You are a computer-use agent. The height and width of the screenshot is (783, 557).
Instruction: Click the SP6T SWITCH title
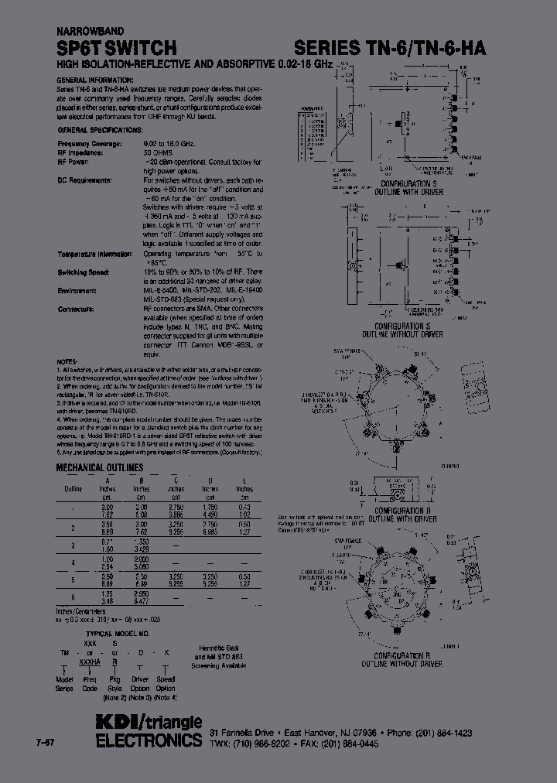click(116, 48)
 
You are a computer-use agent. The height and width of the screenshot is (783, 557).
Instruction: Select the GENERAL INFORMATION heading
click(95, 80)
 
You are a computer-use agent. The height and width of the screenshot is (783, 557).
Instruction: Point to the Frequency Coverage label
click(90, 144)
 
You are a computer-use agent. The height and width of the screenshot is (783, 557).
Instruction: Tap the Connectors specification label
click(76, 309)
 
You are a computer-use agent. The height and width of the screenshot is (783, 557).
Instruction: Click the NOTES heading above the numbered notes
click(67, 361)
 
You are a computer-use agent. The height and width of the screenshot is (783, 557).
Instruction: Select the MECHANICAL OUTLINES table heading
click(100, 468)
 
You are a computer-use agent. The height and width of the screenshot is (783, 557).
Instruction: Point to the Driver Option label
click(141, 683)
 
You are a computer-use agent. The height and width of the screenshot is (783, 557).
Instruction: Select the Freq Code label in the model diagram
click(90, 683)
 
